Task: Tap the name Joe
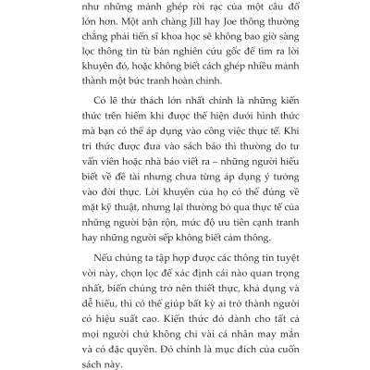pos(234,33)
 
